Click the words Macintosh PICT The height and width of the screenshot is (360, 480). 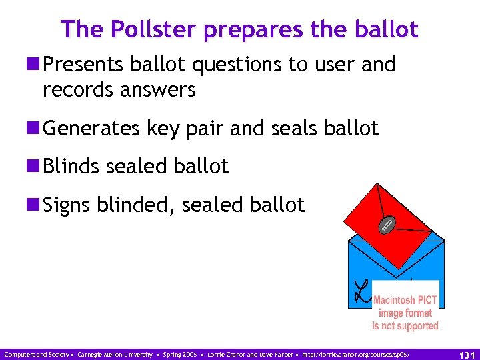coord(405,300)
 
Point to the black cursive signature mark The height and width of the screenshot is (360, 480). coord(361,288)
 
